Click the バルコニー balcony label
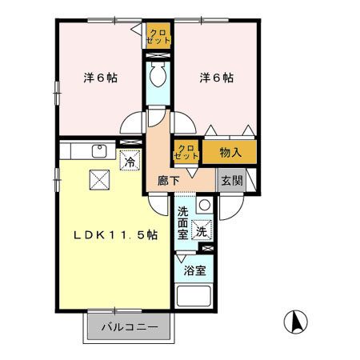[x=129, y=327]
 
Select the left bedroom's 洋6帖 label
[x=102, y=78]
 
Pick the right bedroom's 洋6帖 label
[x=216, y=78]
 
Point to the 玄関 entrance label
[x=231, y=181]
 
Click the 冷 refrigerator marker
[x=129, y=162]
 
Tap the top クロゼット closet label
[x=157, y=35]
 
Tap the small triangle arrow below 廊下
[x=192, y=171]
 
